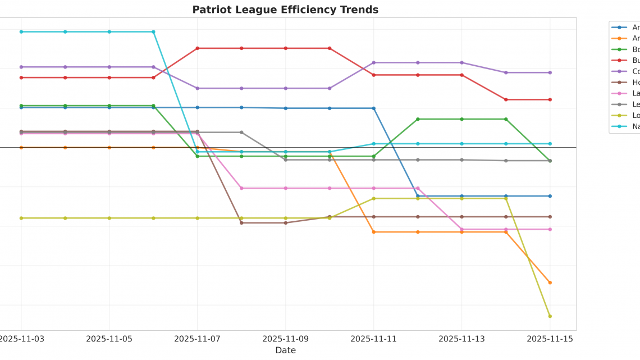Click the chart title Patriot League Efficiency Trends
pyautogui.click(x=285, y=10)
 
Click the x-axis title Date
pyautogui.click(x=285, y=350)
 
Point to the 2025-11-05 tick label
pyautogui.click(x=109, y=339)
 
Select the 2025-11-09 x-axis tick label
pyautogui.click(x=285, y=339)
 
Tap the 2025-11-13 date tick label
pyautogui.click(x=461, y=339)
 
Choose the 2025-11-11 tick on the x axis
pyautogui.click(x=373, y=339)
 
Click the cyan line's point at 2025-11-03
pyautogui.click(x=21, y=31)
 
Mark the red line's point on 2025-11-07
pyautogui.click(x=197, y=48)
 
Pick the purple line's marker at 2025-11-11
pyautogui.click(x=373, y=62)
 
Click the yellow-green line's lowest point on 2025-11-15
pyautogui.click(x=550, y=316)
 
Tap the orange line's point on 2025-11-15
pyautogui.click(x=550, y=282)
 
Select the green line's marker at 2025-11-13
pyautogui.click(x=461, y=119)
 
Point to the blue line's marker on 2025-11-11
pyautogui.click(x=373, y=108)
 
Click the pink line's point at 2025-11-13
pyautogui.click(x=461, y=229)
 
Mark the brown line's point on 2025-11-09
pyautogui.click(x=285, y=223)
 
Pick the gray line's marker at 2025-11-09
pyautogui.click(x=285, y=160)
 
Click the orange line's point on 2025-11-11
pyautogui.click(x=373, y=232)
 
